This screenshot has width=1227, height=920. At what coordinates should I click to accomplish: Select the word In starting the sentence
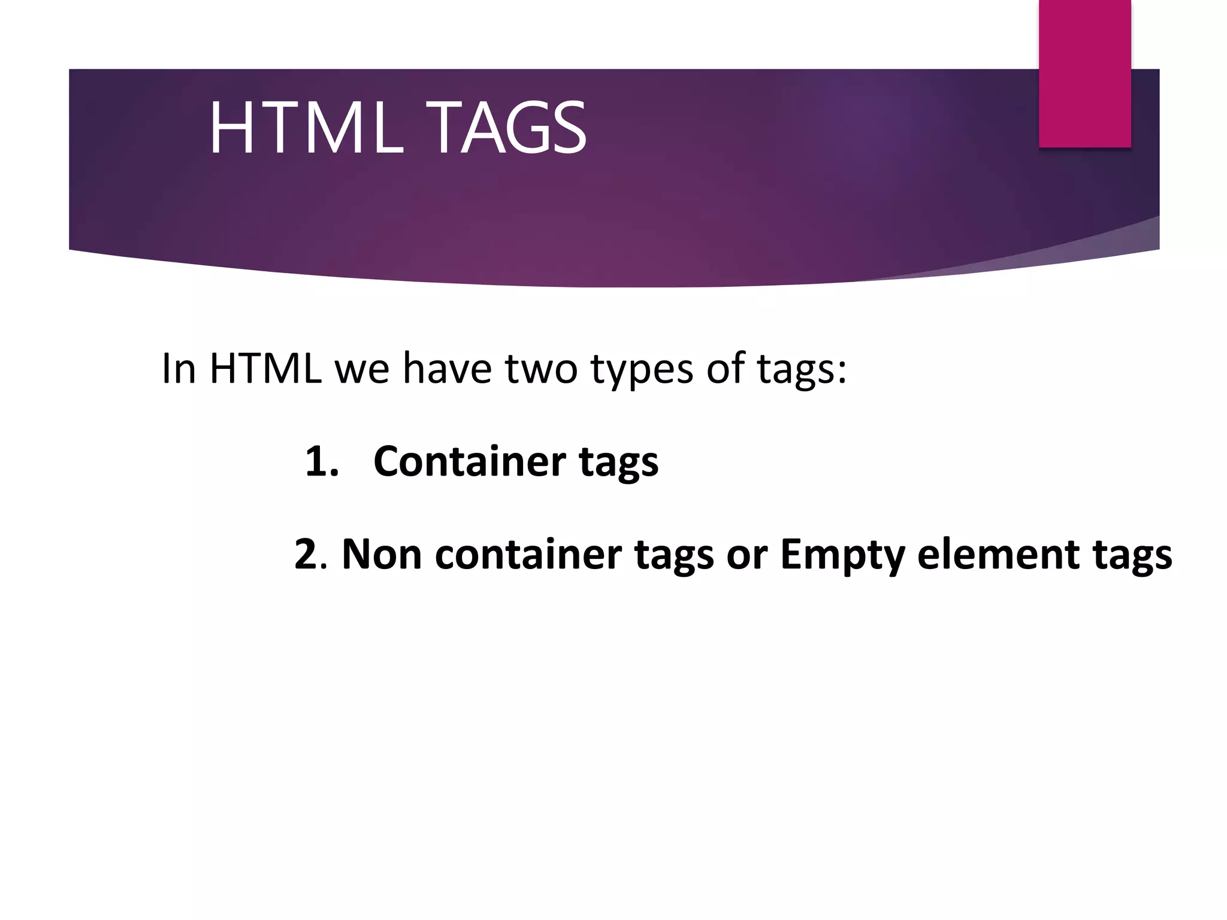(179, 368)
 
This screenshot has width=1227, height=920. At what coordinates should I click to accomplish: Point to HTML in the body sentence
(265, 368)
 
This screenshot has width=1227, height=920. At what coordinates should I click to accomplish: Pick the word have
(447, 368)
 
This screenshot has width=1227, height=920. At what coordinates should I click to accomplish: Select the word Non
(382, 555)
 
